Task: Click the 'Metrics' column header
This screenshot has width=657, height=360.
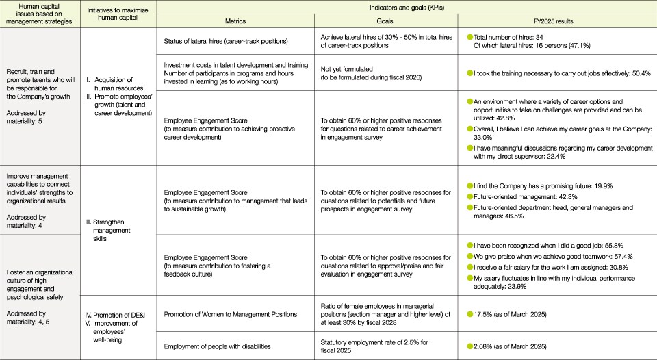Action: click(x=235, y=21)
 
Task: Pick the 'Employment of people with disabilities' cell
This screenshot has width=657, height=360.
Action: click(x=220, y=348)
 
